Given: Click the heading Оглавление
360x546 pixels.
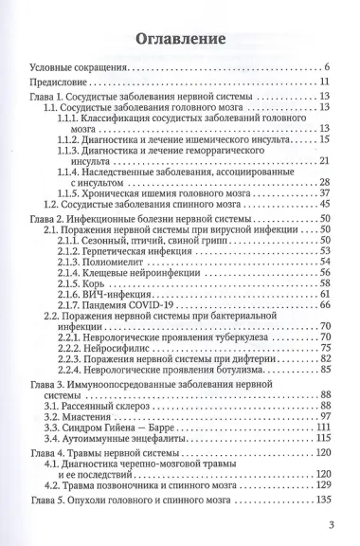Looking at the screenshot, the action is point(180,42).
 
